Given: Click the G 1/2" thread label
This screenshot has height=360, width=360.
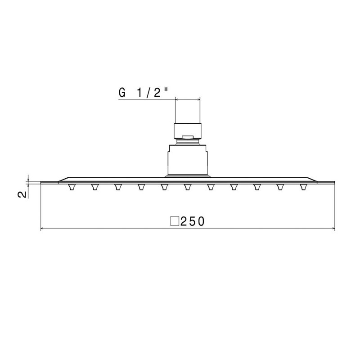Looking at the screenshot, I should tap(144, 92).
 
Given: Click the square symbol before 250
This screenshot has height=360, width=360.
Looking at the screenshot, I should tap(175, 221).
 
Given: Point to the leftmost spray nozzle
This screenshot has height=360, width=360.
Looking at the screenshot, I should tap(71, 187).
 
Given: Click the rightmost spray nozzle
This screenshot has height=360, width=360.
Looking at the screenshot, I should tap(304, 187).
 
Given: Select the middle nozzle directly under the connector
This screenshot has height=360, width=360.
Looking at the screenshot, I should tap(188, 187).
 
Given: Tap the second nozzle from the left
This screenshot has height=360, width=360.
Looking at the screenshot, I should tap(94, 187).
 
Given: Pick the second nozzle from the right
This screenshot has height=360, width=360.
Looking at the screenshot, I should tap(280, 187).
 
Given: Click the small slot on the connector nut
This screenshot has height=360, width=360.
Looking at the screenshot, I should tap(187, 135).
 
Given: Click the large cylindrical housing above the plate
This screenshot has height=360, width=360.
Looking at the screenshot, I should tap(187, 159).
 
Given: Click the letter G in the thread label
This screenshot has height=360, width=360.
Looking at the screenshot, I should tap(121, 92).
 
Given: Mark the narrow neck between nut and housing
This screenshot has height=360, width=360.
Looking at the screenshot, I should tap(187, 142).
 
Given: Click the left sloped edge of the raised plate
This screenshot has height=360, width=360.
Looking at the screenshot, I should tap(63, 179).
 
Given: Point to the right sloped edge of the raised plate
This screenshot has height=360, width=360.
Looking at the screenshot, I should tap(313, 179).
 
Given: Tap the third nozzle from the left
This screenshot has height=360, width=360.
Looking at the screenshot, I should tap(118, 187).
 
